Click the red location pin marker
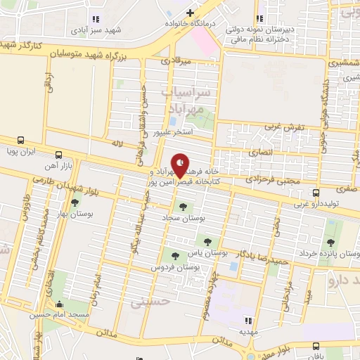coord(181,165)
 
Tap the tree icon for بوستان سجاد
coord(183,207)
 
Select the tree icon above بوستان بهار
coord(75,202)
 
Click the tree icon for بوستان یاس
coord(207,240)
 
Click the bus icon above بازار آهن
coord(58,154)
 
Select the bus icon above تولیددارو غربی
coord(316,192)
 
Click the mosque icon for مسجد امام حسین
coord(59,304)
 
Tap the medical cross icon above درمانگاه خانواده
coord(188,12)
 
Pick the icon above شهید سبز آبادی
coord(96,20)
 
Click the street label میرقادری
coord(175,62)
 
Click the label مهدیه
coord(246,330)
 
